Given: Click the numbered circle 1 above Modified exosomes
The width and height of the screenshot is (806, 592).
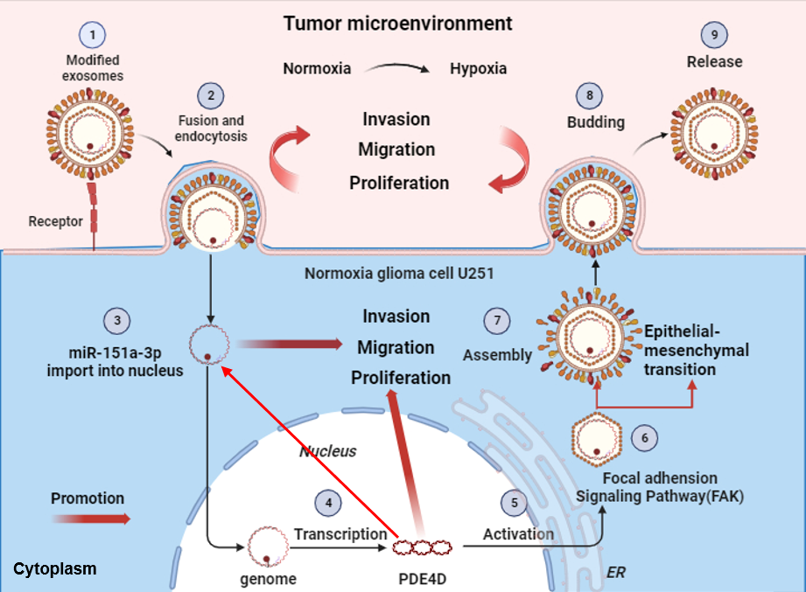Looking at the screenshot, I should pos(92,36).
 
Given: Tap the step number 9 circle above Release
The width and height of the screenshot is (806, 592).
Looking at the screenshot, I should pos(715,35).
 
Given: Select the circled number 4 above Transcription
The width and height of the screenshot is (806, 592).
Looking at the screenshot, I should pos(328,503).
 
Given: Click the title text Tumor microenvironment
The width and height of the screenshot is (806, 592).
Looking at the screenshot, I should pos(398,23).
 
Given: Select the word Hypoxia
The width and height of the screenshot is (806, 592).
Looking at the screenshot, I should pos(478,68).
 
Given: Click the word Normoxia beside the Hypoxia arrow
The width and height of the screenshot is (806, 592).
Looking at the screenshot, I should pos(316,68).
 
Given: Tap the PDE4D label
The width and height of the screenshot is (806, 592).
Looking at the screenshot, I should pos(424,578).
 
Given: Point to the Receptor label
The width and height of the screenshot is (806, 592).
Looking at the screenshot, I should pos(55,220).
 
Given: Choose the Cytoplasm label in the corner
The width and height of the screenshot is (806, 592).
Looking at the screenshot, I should pos(54,569).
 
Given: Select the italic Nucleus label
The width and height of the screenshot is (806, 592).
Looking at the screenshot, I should pos(328,451).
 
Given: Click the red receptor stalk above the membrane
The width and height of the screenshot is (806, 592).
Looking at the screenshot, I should pos(94,210).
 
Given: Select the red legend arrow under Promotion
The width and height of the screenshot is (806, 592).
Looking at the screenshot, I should pos(90,519).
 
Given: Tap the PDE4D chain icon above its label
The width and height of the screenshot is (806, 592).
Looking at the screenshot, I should pos(424,548).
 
